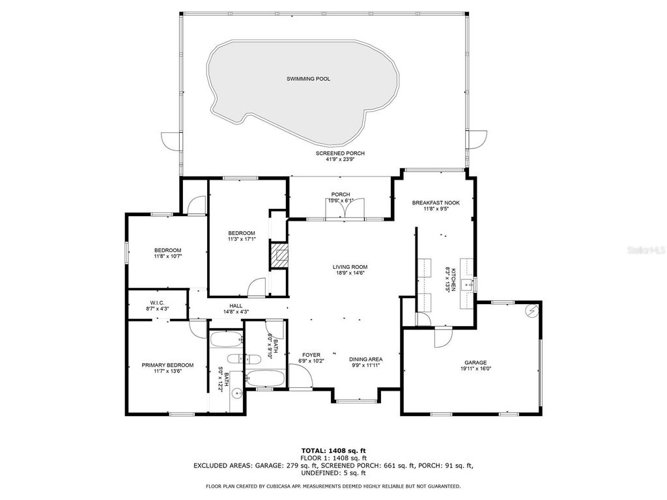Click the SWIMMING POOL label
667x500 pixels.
click(x=308, y=79)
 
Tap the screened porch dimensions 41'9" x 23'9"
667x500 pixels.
click(x=340, y=160)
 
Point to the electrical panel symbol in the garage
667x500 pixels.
click(x=532, y=311)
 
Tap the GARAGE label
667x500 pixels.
click(x=475, y=363)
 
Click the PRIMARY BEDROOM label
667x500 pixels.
click(x=167, y=365)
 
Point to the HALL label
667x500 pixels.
click(x=235, y=305)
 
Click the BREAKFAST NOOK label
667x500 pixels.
click(x=435, y=202)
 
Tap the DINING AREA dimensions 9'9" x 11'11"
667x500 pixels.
click(x=365, y=365)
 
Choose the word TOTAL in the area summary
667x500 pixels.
click(x=316, y=451)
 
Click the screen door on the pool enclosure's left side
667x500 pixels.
click(x=171, y=139)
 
